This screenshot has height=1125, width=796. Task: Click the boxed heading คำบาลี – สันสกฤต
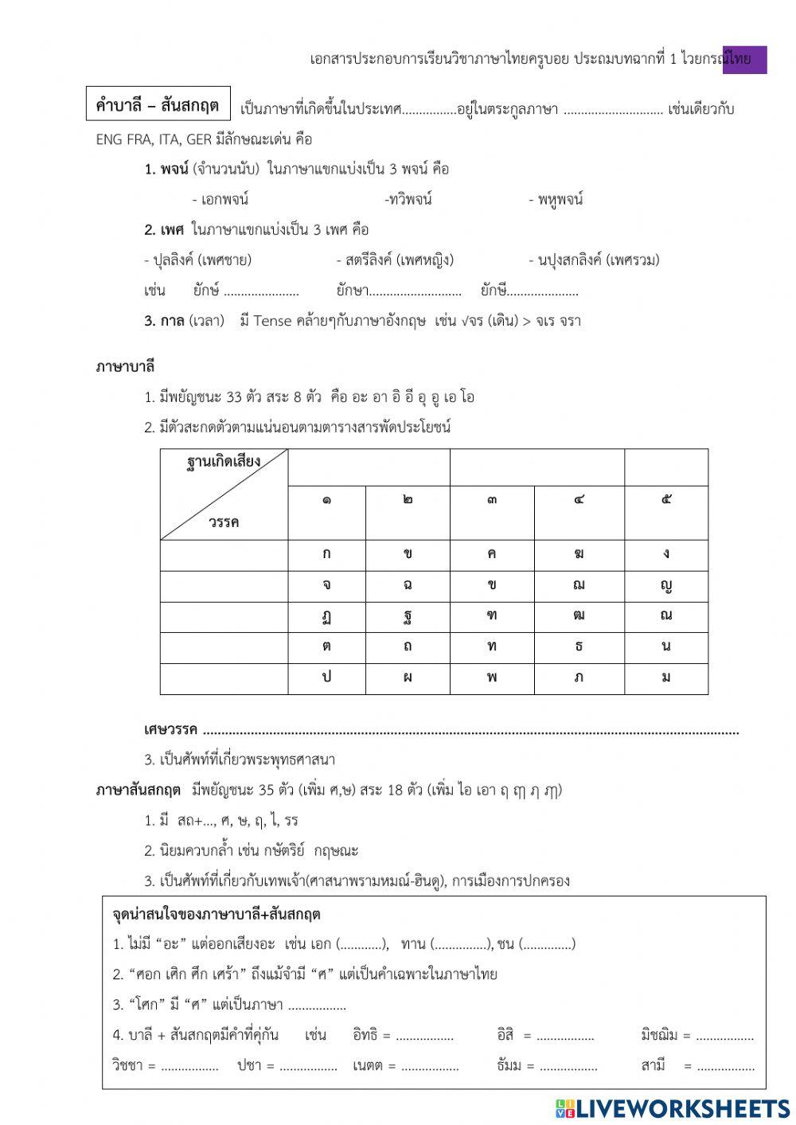(x=158, y=104)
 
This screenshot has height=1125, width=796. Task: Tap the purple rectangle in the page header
(x=744, y=60)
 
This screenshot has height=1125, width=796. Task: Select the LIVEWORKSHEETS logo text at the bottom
(x=673, y=1107)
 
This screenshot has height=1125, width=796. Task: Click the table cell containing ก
(x=326, y=554)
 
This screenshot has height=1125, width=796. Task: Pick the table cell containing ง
(x=665, y=554)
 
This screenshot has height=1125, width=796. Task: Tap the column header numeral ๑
(x=326, y=500)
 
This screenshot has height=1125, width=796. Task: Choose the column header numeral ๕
(x=665, y=500)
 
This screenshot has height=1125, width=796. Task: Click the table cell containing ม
(x=665, y=678)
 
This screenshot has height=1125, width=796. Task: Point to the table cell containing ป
(x=326, y=678)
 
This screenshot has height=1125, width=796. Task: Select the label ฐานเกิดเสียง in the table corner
(x=224, y=461)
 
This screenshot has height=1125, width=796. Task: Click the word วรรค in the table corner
(x=224, y=522)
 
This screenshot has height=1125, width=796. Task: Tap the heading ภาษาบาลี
(x=125, y=367)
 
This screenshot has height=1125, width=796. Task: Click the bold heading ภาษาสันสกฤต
(x=139, y=790)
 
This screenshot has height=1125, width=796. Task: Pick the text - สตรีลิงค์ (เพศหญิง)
(x=395, y=260)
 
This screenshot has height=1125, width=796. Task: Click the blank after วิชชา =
(x=189, y=1065)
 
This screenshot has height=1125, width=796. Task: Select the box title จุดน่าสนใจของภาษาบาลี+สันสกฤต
(x=217, y=915)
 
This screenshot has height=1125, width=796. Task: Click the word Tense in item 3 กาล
(x=272, y=321)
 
